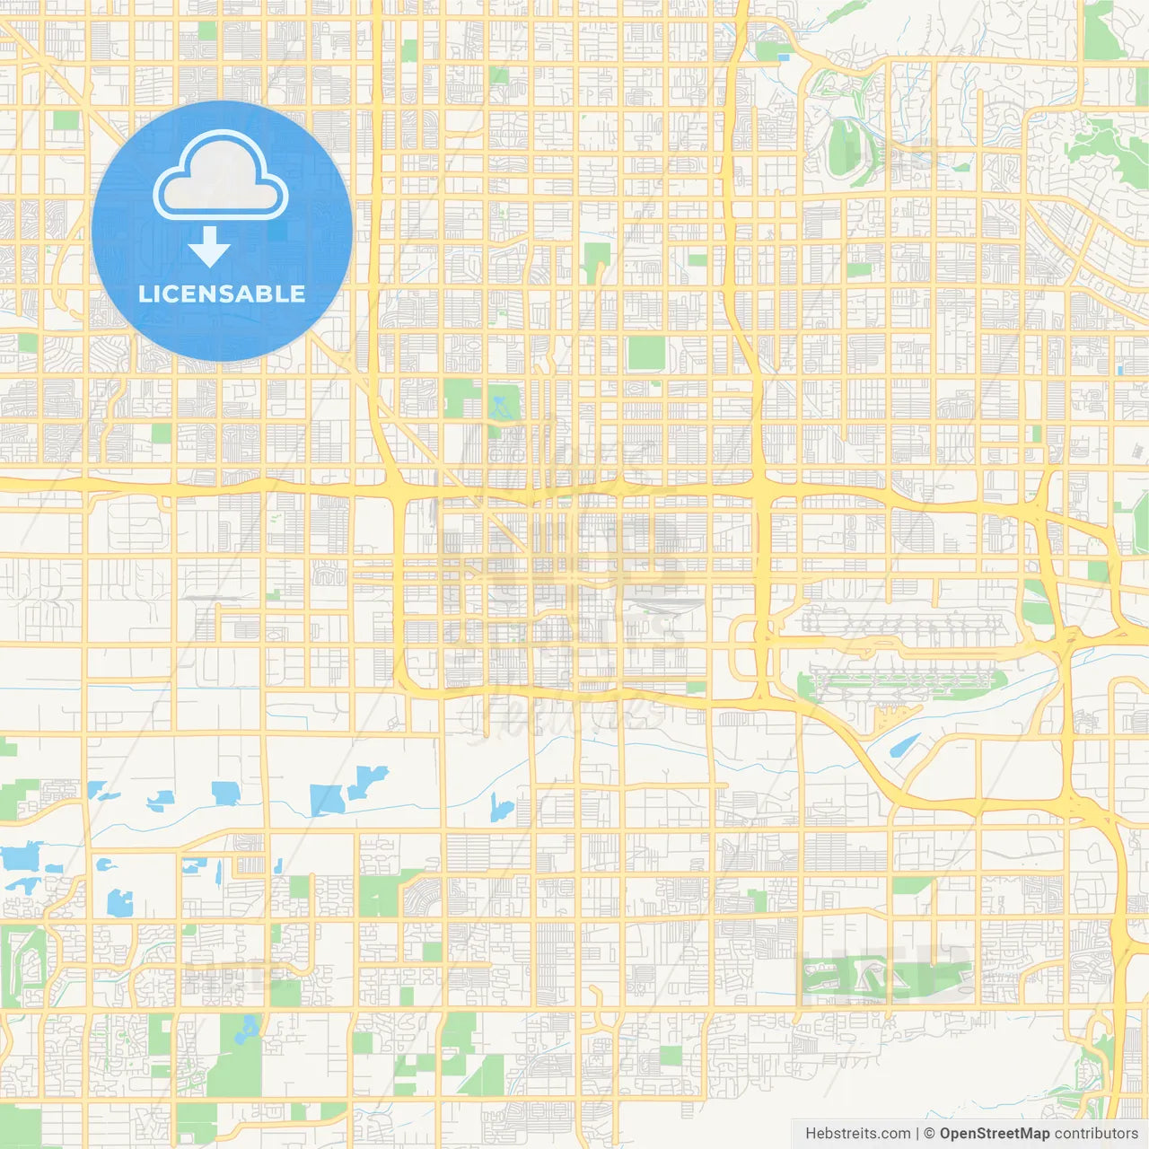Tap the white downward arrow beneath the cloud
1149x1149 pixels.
coord(209,248)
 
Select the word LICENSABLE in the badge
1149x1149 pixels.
coord(222,294)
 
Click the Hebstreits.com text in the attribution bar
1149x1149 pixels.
coord(857,1134)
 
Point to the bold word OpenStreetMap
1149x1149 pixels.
coord(994,1134)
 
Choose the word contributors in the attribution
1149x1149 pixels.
coord(1096,1134)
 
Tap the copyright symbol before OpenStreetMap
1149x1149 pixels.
coord(929,1134)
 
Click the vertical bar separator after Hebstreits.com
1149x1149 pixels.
coord(917,1134)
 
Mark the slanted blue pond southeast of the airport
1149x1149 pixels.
coord(904,747)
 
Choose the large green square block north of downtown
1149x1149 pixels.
coord(645,353)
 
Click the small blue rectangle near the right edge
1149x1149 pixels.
coord(1120,369)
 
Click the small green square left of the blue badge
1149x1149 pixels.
coord(65,120)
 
